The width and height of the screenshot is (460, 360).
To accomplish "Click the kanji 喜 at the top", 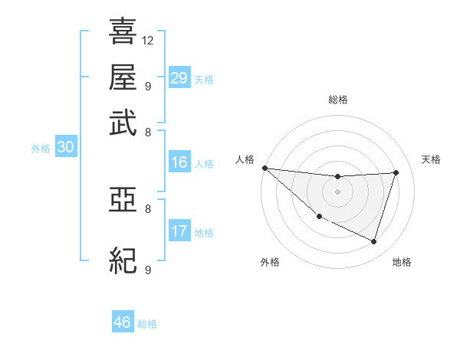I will (123, 32).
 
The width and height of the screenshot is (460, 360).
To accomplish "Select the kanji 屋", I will (123, 77).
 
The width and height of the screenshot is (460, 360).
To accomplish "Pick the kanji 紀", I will (123, 260).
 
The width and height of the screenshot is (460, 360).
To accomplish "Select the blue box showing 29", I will (179, 77).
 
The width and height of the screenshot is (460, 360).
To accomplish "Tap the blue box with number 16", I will (179, 162).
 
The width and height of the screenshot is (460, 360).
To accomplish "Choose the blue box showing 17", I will (179, 231).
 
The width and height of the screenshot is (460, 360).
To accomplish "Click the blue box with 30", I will (65, 148).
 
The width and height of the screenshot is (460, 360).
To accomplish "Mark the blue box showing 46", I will (122, 322).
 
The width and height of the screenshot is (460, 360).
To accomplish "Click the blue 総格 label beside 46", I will (147, 324).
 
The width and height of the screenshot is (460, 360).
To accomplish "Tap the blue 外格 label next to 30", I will (41, 149).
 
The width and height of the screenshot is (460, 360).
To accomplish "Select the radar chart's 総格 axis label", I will (338, 100).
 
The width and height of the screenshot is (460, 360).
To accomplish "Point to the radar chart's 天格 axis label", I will (432, 159).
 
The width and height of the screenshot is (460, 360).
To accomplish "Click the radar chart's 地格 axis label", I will (402, 262).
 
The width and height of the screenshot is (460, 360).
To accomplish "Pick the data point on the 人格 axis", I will (264, 168).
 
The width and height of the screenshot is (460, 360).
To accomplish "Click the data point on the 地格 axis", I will (373, 241).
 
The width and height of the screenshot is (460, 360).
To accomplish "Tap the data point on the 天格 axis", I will (396, 172).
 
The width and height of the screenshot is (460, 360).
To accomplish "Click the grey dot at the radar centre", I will (337, 191).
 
